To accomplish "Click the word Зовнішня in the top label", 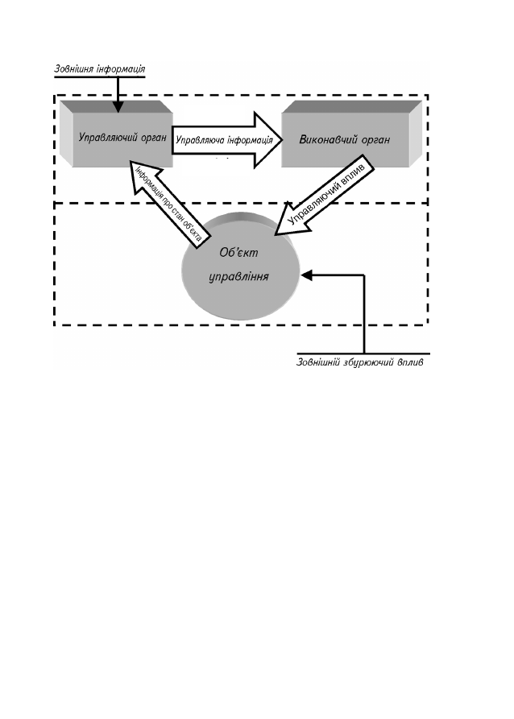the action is pyautogui.click(x=73, y=69).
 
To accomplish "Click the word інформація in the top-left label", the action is pyautogui.click(x=121, y=69).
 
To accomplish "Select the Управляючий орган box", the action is pyautogui.click(x=117, y=134).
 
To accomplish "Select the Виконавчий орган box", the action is pyautogui.click(x=351, y=134).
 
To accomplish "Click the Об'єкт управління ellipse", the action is pyautogui.click(x=241, y=266).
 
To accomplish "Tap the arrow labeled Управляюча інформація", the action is pyautogui.click(x=227, y=140).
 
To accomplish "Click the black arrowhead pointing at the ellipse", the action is pyautogui.click(x=306, y=275).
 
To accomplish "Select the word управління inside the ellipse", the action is pyautogui.click(x=238, y=277).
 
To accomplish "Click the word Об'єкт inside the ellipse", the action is pyautogui.click(x=238, y=252).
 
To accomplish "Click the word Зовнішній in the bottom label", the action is pyautogui.click(x=317, y=362).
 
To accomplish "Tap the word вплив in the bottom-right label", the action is pyautogui.click(x=411, y=362).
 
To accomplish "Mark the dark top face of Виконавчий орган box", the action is pyautogui.click(x=351, y=107).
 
